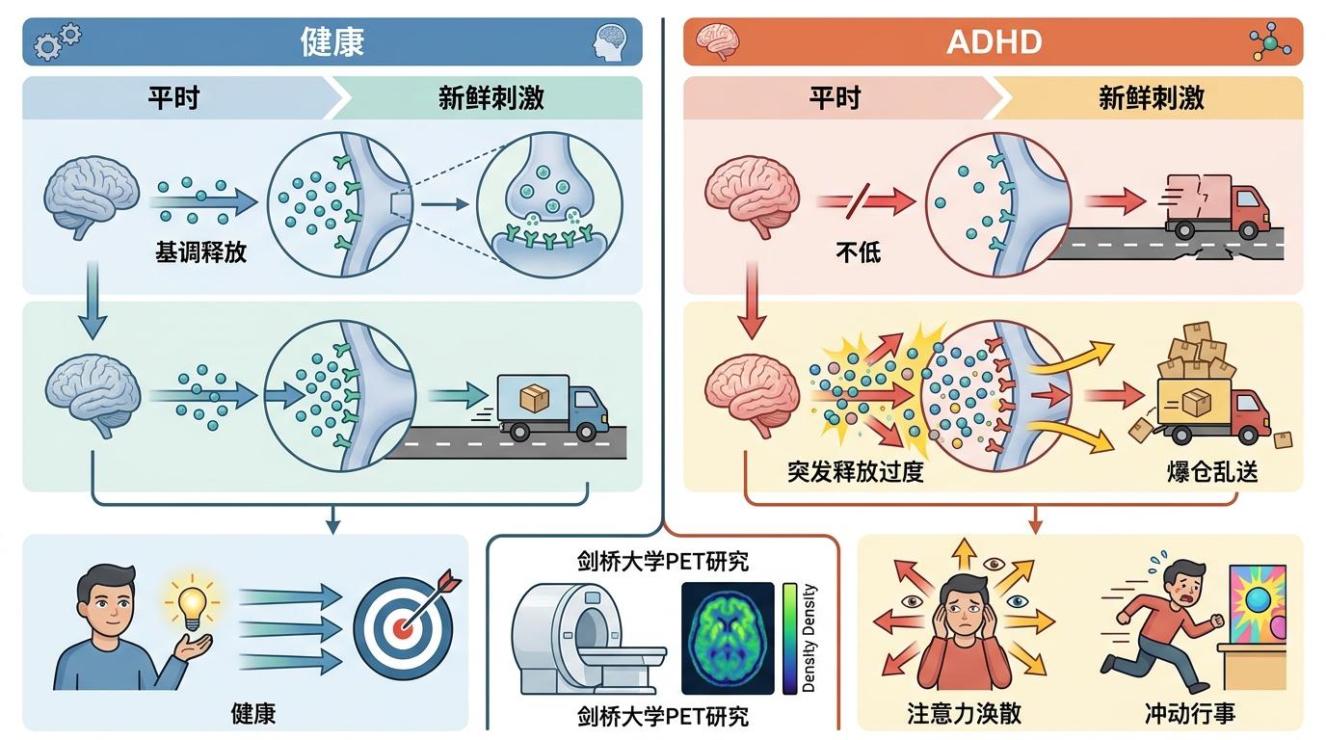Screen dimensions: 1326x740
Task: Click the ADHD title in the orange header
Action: point(994,42)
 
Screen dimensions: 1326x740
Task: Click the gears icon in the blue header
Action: point(58,41)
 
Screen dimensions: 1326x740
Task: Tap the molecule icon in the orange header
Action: point(1270,42)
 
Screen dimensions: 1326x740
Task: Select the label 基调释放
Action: point(200,252)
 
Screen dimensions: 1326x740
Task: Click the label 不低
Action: point(859,252)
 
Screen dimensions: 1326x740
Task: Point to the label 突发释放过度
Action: point(856,472)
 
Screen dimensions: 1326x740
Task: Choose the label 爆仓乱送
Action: point(1212,472)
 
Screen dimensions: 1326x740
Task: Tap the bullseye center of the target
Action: point(403,627)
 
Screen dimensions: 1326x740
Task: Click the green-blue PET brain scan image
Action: point(729,638)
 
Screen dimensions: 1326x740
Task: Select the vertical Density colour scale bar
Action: point(789,638)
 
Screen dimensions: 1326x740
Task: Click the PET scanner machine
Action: point(589,638)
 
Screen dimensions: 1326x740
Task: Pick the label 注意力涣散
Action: point(965,713)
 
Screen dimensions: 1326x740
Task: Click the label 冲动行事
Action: point(1190,713)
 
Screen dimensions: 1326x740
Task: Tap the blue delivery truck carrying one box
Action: point(553,408)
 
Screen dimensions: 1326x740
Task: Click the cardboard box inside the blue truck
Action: point(535,398)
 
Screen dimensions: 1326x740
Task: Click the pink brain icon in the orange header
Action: point(718,41)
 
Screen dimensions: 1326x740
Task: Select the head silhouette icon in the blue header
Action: point(610,42)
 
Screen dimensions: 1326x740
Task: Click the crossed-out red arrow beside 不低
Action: point(865,201)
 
